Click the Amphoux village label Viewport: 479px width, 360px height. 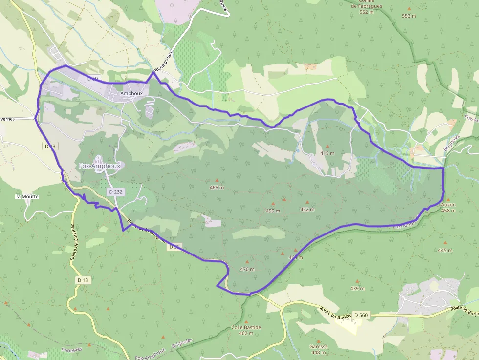point(131,93)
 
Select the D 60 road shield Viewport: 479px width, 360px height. point(93,78)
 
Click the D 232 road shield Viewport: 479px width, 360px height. point(116,192)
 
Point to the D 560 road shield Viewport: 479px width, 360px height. point(361,315)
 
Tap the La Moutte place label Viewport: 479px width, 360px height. point(26,196)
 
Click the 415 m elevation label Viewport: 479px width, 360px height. point(327,153)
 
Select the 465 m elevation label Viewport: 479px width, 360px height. point(217,188)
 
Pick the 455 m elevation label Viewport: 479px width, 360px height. point(273,211)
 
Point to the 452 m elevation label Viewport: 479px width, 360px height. point(307,210)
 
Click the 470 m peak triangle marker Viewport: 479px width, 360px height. point(247,262)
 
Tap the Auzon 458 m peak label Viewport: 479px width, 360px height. point(448,208)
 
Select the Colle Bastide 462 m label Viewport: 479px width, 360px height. point(246,330)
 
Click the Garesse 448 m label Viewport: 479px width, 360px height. point(318,349)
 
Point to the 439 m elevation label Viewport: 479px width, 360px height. point(357,288)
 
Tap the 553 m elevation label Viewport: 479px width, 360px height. point(409,16)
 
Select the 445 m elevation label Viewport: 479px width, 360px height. point(445,250)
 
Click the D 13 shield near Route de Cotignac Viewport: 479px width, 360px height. point(83,280)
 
